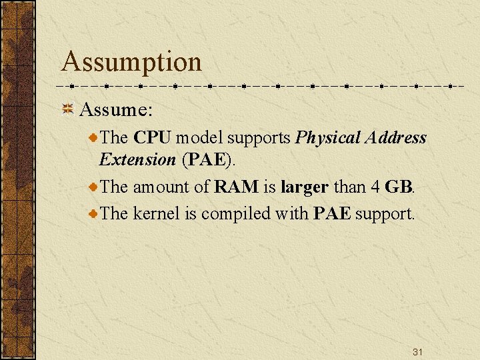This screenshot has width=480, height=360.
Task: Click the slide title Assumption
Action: (131, 62)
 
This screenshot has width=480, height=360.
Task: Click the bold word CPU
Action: (152, 138)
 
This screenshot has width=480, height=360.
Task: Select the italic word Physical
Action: (327, 138)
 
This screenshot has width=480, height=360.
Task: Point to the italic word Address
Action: (395, 138)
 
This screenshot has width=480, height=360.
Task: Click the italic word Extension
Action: (137, 160)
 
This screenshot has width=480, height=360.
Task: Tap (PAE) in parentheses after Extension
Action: (207, 160)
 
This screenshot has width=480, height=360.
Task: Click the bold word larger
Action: (304, 188)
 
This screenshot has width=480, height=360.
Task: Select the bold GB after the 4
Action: (398, 187)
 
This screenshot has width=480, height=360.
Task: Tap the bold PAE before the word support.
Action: (331, 214)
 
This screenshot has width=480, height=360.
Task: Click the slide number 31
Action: (417, 351)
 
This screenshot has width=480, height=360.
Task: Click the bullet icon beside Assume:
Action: (67, 109)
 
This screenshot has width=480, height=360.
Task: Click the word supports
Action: (258, 139)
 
